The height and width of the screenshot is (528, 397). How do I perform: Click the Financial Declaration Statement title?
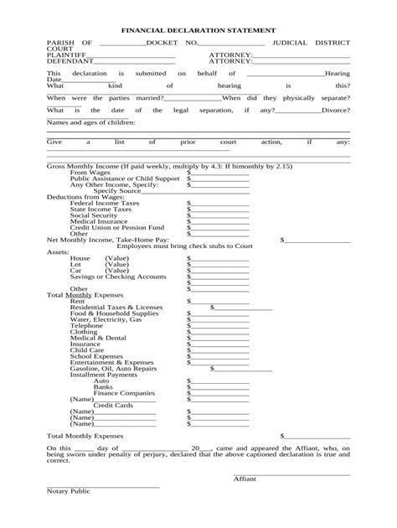coord(198,27)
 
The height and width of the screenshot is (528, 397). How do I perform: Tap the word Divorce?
coord(335,110)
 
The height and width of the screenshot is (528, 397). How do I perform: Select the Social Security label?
coord(94,215)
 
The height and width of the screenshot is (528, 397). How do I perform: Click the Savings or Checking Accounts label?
coord(118,276)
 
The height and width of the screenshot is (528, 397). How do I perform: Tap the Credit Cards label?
coord(113,405)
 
